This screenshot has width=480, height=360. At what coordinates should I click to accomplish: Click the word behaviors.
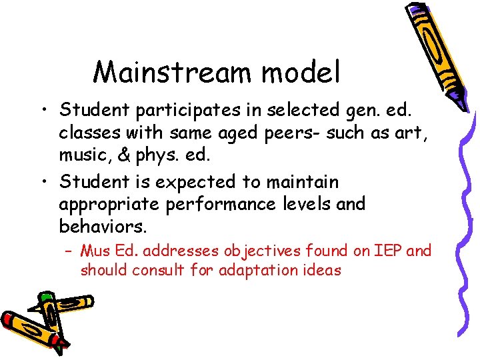click(103, 227)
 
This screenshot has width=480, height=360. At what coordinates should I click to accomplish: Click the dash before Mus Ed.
click(69, 251)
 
